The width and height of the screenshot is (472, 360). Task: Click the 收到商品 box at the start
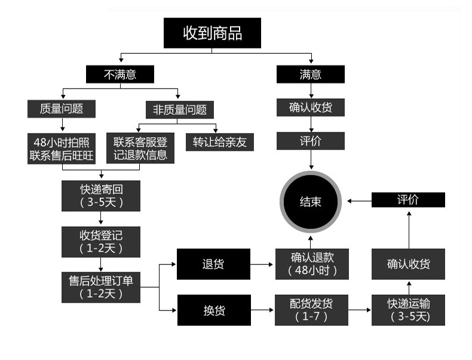click(212, 33)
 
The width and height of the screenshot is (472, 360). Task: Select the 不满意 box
click(120, 74)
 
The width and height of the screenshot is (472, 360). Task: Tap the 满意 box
click(310, 74)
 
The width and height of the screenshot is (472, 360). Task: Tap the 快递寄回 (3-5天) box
click(101, 196)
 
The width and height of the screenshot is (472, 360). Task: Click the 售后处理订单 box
click(101, 286)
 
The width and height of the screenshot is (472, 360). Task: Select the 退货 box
click(213, 264)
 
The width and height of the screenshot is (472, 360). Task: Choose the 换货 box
click(213, 310)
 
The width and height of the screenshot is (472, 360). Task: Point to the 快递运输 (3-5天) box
click(409, 310)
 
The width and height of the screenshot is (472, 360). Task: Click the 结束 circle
click(311, 202)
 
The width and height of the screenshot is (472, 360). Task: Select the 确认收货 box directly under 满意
click(311, 108)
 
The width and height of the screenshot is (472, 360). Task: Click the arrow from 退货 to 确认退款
click(262, 264)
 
